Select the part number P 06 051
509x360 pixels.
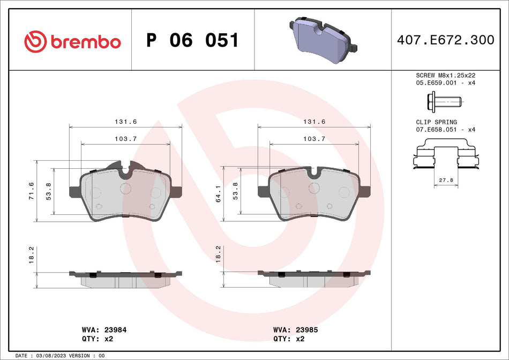tap(192, 41)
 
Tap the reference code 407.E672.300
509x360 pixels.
tap(445, 40)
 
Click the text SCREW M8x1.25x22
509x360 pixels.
tap(445, 76)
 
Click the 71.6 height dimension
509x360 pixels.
tap(32, 191)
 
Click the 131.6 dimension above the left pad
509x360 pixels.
tap(123, 122)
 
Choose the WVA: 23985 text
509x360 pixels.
tap(295, 330)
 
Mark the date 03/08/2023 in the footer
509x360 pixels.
tap(55, 356)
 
